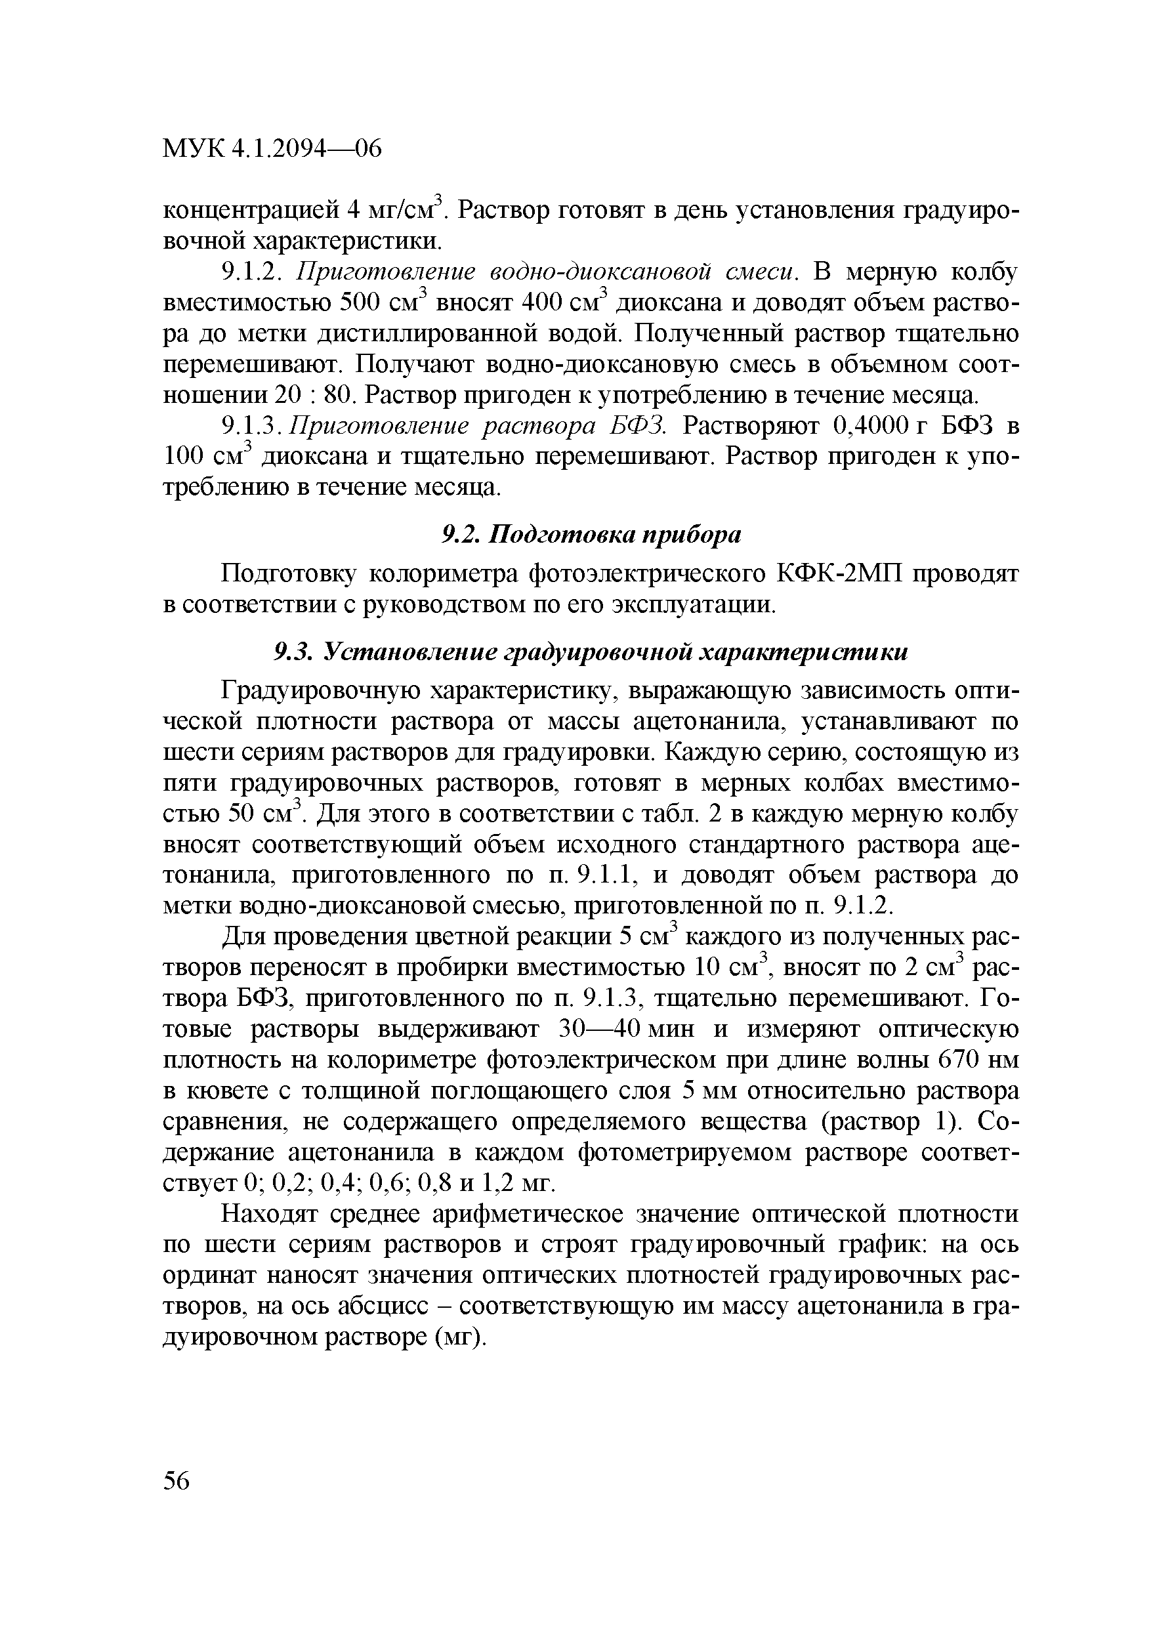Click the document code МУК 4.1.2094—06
pos(272,149)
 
